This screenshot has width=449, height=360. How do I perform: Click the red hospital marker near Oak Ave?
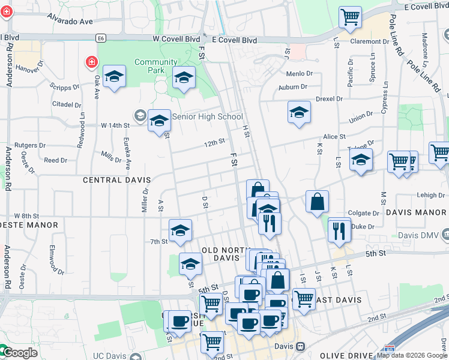pyautogui.click(x=91, y=62)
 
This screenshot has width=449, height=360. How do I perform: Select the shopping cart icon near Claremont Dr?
pyautogui.click(x=350, y=17)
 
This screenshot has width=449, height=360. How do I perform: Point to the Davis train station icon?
pyautogui.click(x=300, y=347)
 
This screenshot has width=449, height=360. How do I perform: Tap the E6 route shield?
pyautogui.click(x=101, y=38)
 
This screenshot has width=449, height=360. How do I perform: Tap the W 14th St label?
pyautogui.click(x=115, y=125)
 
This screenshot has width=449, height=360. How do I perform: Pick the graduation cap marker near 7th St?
pyautogui.click(x=180, y=230)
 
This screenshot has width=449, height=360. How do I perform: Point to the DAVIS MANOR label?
pyautogui.click(x=416, y=212)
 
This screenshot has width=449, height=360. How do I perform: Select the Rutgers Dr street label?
pyautogui.click(x=30, y=145)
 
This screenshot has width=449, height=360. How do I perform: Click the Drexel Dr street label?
pyautogui.click(x=329, y=98)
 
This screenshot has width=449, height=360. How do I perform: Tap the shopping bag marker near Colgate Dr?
pyautogui.click(x=317, y=202)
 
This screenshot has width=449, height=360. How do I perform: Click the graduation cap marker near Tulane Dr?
pyautogui.click(x=361, y=160)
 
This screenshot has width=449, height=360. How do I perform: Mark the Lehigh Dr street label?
pyautogui.click(x=431, y=196)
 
